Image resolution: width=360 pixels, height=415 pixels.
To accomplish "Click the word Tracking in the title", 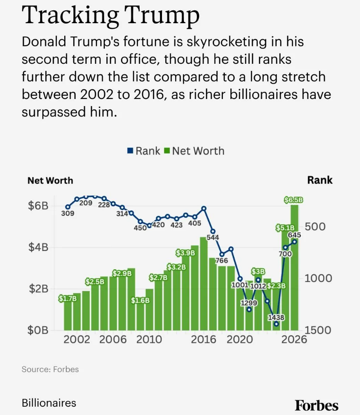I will pos(70,15).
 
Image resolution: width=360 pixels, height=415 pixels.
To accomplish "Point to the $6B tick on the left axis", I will pos(38,206).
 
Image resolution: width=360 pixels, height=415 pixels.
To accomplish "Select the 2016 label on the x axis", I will pos(203,340).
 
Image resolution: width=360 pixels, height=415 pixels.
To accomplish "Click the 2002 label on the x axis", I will pos(77,340).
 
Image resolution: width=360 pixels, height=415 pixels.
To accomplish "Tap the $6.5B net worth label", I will pos(294,200).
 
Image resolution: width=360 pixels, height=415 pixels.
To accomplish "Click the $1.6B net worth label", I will pos(140,301).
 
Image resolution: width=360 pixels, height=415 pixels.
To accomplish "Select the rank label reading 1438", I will pos(276,318).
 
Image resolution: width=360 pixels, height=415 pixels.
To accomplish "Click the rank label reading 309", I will pos(68,214).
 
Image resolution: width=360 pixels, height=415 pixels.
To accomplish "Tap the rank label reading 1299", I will pos(249,303).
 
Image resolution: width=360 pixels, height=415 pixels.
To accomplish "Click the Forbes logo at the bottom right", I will pos(317,405).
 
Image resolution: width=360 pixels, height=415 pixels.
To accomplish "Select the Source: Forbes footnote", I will pos(50,369).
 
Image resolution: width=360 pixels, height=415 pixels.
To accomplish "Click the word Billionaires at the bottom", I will pos(49,403).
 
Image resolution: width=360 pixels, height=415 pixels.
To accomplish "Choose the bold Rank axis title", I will pos(320,180).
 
